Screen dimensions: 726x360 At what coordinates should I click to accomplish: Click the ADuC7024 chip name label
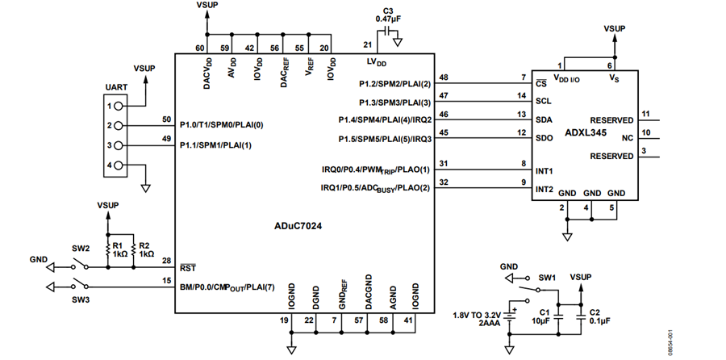(298, 226)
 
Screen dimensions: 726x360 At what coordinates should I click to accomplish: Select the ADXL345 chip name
(586, 132)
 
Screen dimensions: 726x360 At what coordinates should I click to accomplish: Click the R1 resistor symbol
(108, 250)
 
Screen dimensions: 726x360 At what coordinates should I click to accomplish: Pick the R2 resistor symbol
(133, 250)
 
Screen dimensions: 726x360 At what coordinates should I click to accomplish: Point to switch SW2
(81, 265)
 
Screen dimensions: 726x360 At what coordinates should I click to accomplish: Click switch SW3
(81, 284)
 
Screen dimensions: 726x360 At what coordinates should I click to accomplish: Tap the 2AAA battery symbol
(510, 316)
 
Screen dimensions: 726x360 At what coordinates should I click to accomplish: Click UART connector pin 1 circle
(118, 106)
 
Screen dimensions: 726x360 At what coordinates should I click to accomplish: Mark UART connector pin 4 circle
(118, 165)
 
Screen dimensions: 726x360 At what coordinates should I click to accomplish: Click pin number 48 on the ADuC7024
(444, 77)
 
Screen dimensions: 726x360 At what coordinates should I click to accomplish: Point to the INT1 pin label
(544, 171)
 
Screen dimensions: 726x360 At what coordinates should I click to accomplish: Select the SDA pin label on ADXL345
(544, 120)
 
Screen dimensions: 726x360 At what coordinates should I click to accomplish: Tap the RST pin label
(188, 268)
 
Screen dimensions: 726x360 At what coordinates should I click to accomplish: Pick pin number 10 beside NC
(646, 132)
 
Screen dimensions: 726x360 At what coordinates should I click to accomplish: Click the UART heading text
(116, 86)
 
